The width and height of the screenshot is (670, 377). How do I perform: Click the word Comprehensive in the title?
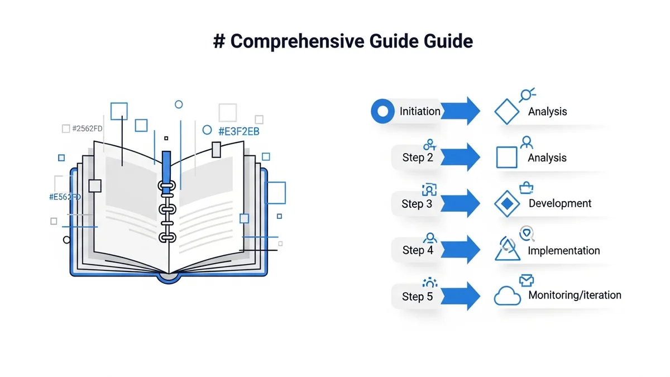click(x=294, y=42)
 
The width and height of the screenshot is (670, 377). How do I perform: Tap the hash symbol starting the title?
click(x=219, y=42)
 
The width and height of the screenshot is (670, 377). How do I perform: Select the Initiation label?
click(x=420, y=111)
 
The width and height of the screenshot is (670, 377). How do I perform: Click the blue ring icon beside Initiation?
click(x=382, y=111)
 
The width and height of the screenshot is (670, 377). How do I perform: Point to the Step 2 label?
click(x=418, y=158)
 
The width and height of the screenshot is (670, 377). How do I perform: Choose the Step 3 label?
click(x=417, y=204)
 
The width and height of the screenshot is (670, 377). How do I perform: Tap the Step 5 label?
click(x=418, y=297)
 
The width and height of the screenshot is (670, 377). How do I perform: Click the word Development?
click(x=560, y=203)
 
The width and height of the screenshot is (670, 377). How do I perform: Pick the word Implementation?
click(x=564, y=251)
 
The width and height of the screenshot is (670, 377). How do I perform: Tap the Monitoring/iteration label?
click(x=575, y=295)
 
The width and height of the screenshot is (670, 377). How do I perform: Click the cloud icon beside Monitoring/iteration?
click(x=508, y=296)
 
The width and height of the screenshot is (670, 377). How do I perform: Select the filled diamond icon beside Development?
click(x=507, y=204)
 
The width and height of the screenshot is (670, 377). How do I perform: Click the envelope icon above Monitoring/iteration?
click(x=527, y=280)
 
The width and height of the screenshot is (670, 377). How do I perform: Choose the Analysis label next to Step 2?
click(x=547, y=158)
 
